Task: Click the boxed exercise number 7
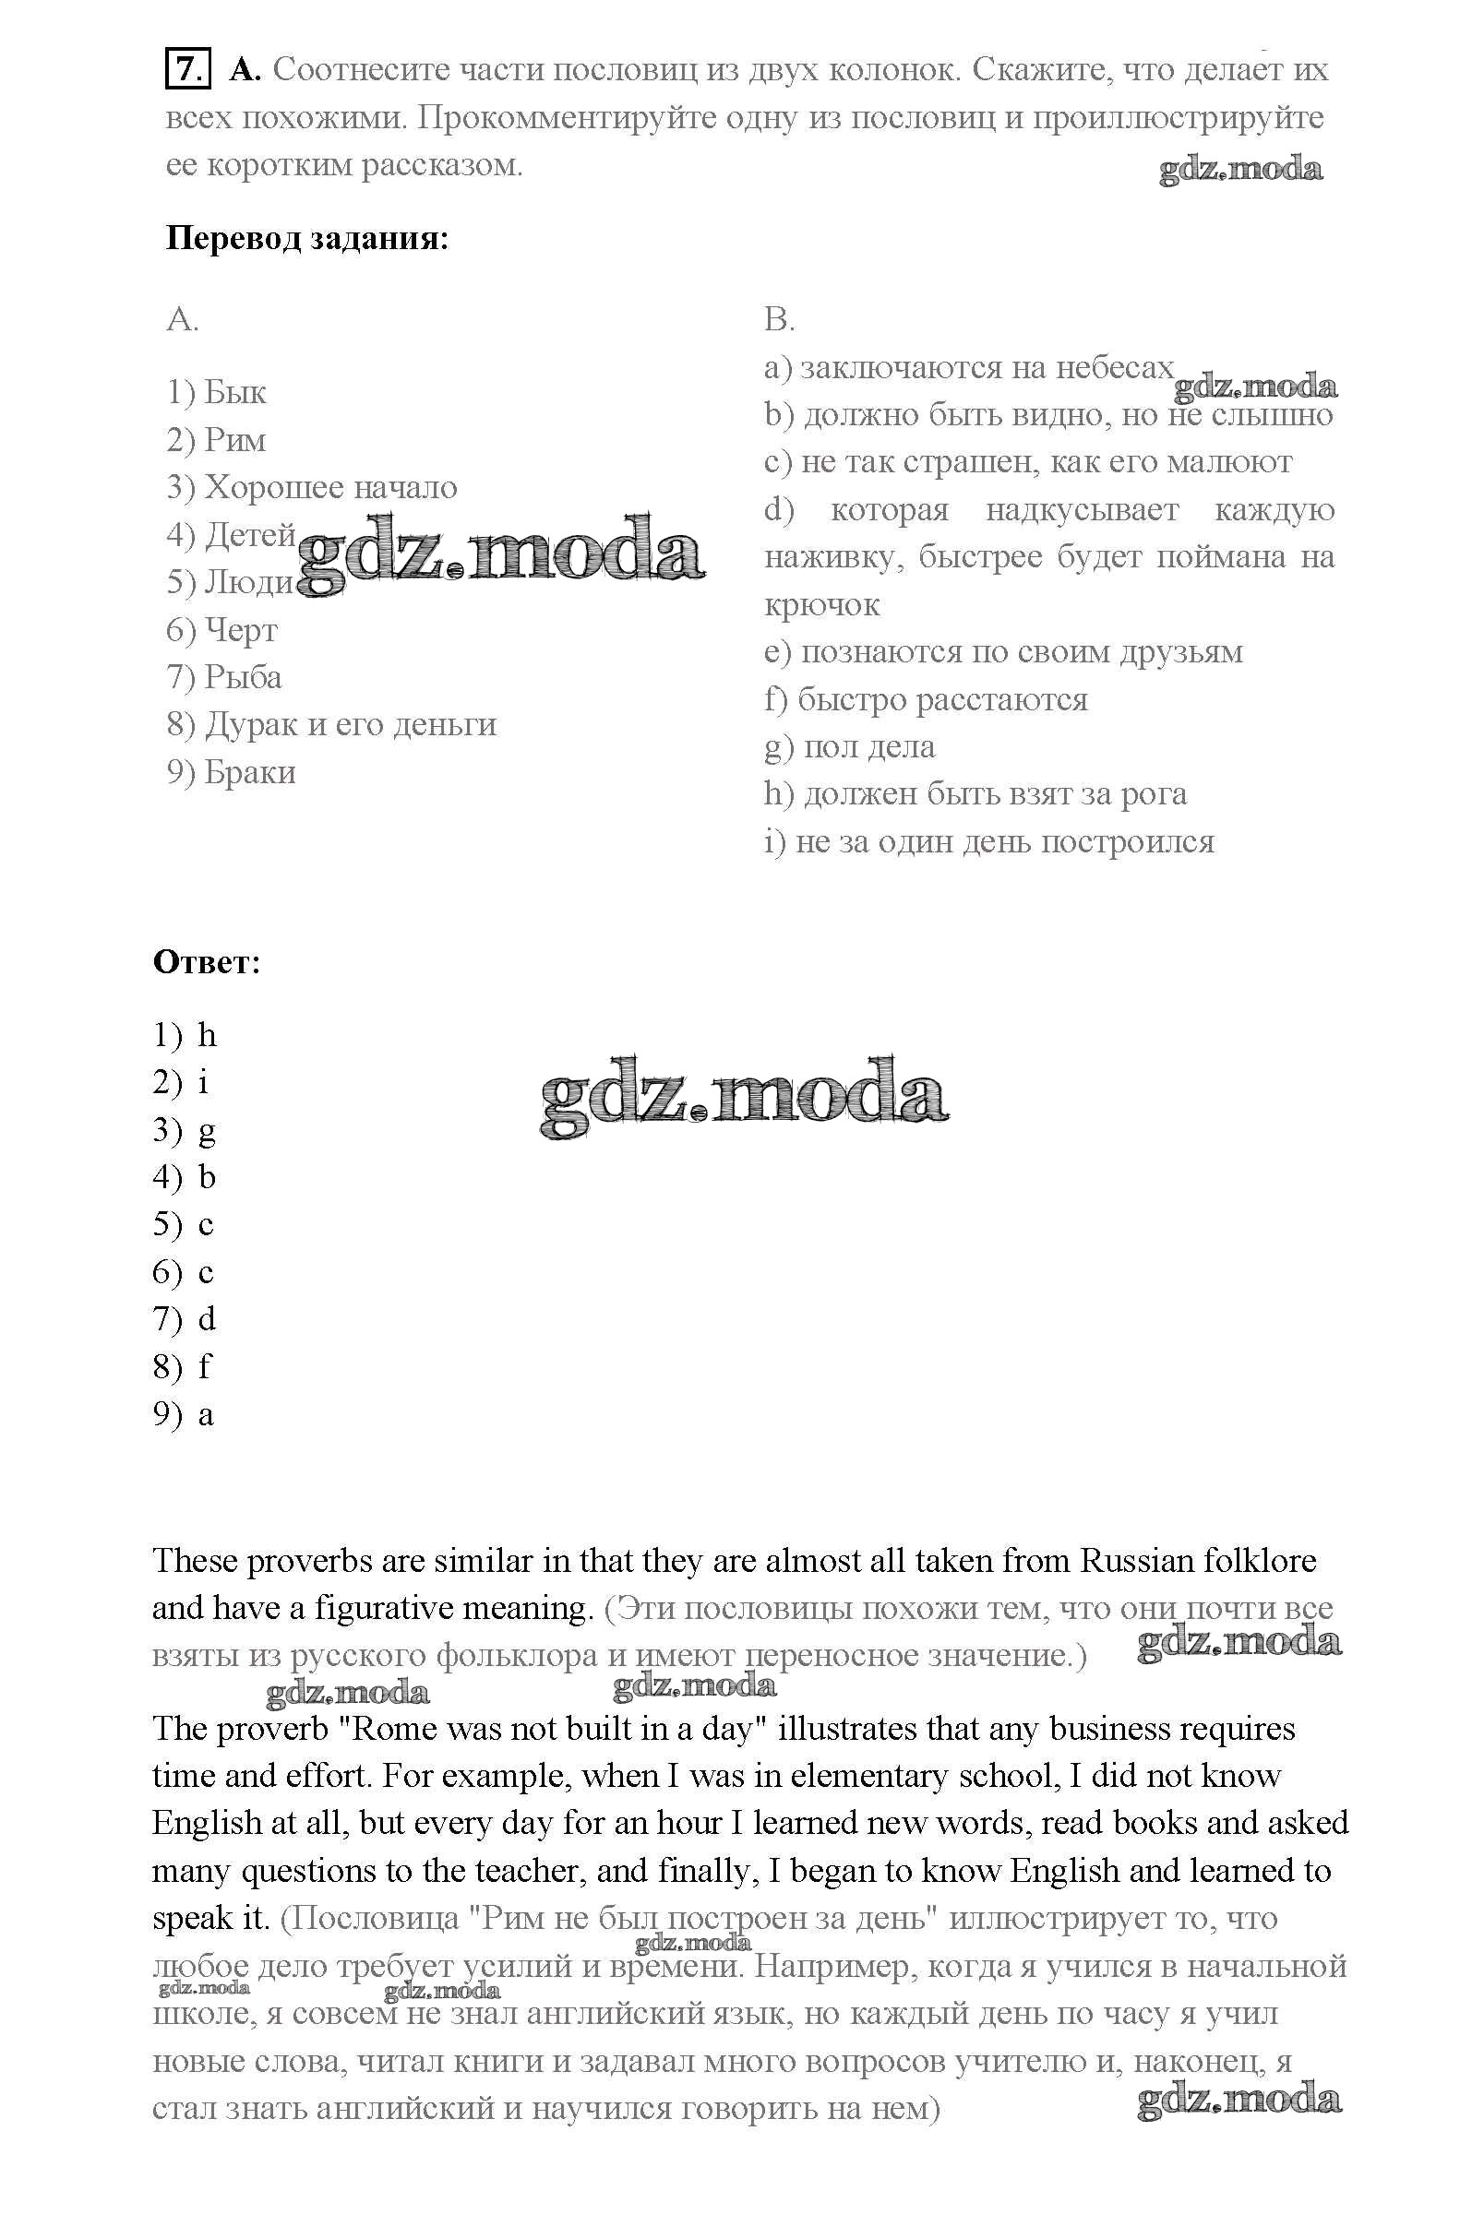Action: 186,69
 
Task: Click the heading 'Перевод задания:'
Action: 306,239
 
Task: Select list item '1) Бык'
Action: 217,392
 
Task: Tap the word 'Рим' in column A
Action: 235,440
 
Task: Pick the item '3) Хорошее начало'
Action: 312,487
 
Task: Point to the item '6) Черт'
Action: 222,630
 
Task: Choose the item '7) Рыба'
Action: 224,677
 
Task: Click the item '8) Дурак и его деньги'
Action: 331,724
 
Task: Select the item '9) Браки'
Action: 232,772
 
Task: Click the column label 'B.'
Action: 779,321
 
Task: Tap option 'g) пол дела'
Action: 848,747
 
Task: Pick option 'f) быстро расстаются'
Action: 926,699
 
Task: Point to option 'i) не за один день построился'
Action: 988,841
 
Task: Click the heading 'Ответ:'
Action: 206,963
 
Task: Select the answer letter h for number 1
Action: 207,1036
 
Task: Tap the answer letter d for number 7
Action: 207,1319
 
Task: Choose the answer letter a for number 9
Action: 206,1414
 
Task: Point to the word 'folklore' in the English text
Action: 1259,1561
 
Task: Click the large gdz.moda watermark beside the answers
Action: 744,1097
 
